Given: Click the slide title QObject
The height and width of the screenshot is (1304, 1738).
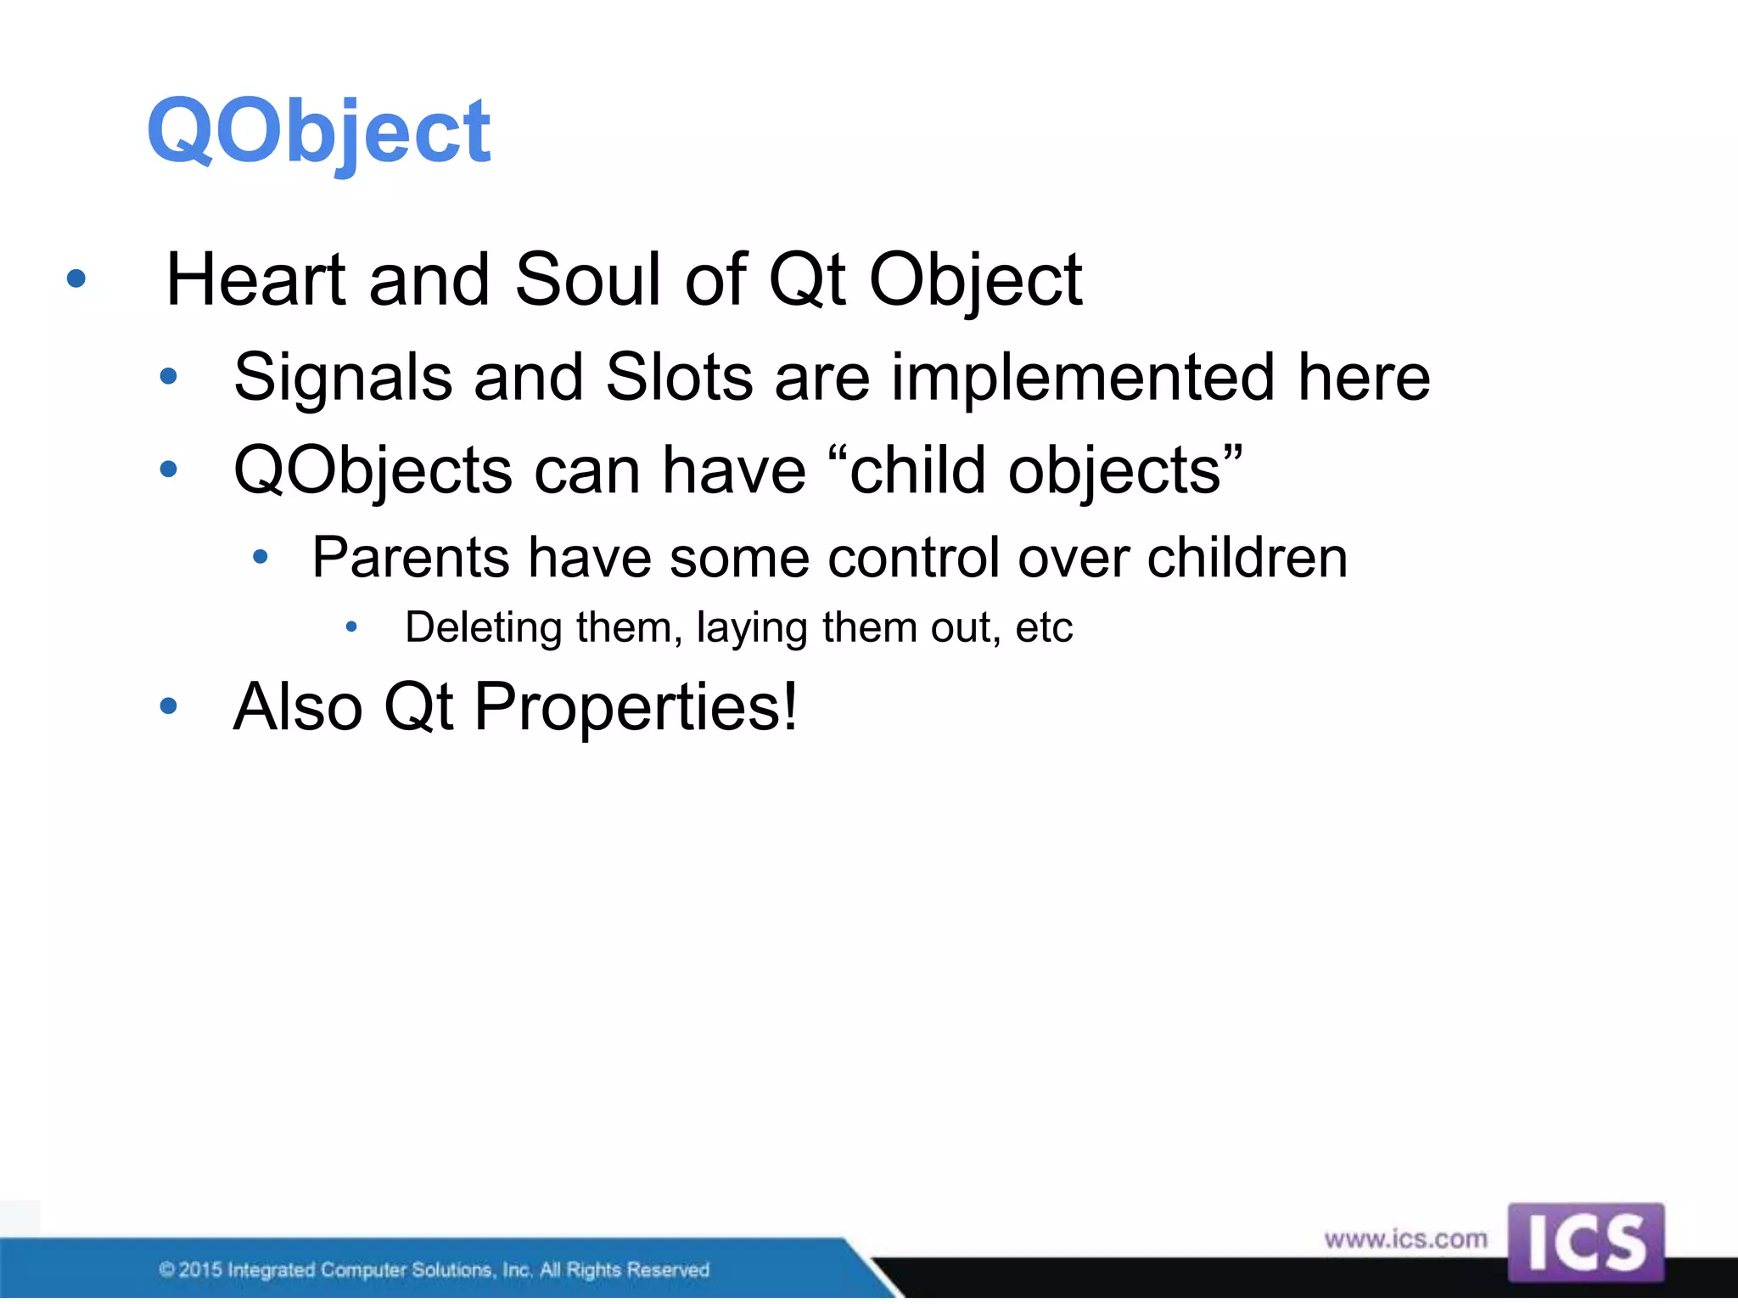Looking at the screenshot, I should point(318,132).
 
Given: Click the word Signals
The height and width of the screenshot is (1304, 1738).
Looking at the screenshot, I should point(343,378).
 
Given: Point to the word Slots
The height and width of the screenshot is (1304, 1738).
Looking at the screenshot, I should point(679,378).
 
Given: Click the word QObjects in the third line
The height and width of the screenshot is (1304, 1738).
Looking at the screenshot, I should point(373,471).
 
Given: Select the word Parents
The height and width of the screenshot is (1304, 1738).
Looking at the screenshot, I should point(411,559).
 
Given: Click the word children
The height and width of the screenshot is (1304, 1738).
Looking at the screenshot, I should point(1247,559).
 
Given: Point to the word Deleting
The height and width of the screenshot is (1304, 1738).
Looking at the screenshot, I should point(484,628).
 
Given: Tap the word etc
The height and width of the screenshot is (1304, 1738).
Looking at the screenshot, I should point(1044,628).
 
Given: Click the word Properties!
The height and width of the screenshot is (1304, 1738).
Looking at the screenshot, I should point(636,707).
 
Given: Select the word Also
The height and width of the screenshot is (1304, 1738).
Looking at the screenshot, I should point(298,707).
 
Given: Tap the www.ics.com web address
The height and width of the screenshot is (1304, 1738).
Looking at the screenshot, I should point(1405,1239).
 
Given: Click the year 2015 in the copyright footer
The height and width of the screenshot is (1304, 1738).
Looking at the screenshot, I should point(200,1270).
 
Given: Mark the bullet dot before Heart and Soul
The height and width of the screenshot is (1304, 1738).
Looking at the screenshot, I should point(76,278).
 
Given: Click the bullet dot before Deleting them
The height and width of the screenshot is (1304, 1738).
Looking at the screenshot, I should point(351,627).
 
